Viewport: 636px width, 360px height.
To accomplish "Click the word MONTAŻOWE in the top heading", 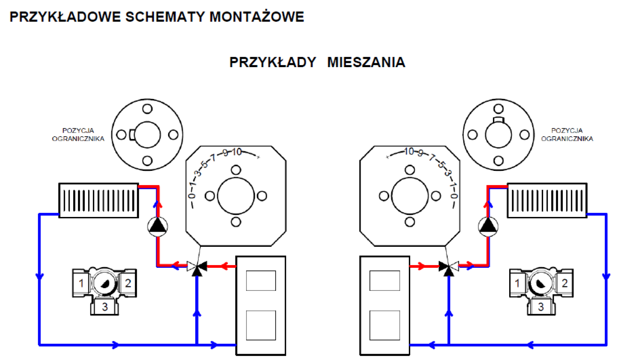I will coord(256,17).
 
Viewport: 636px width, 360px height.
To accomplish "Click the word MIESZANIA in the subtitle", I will coord(366,62).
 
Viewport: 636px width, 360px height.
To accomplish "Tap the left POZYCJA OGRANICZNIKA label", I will coord(78,135).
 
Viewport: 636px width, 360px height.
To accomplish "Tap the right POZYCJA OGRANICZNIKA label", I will coord(567,135).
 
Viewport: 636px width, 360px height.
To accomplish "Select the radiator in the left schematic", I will coord(99,200).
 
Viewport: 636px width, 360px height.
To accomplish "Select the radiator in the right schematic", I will coord(547,200).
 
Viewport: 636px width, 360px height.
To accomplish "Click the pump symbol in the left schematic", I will coord(158,226).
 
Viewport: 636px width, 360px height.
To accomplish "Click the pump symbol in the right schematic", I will coord(488,226).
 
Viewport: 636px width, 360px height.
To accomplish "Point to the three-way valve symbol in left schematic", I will coord(197,267).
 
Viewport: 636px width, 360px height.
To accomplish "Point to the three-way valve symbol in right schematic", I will coord(448,267).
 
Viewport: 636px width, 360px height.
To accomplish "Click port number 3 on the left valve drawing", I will coord(105,307).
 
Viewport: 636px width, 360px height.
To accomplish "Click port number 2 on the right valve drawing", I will coord(564,283).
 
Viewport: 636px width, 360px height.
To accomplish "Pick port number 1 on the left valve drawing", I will coord(81,283).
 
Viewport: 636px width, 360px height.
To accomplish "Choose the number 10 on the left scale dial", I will coord(237,152).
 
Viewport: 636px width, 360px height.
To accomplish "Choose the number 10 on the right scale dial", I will coord(409,151).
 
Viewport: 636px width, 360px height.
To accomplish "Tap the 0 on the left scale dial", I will coord(192,196).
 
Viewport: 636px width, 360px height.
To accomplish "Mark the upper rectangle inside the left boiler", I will coord(261,281).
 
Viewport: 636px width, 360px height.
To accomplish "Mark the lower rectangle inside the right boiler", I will coord(384,325).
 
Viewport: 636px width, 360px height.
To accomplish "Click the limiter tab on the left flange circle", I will coord(132,135).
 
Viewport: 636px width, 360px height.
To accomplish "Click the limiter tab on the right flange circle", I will coord(498,120).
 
